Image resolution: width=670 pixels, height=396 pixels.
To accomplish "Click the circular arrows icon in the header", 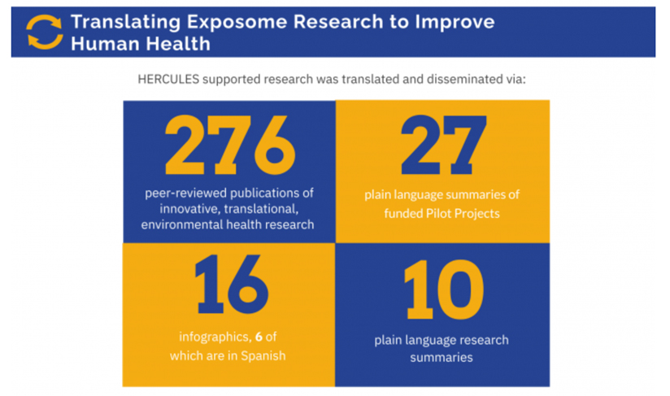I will pos(44,32).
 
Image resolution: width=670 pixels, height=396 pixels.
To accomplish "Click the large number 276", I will pos(230,147).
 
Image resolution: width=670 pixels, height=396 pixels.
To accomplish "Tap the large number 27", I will pos(443,147).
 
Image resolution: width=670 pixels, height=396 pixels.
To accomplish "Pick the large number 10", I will pos(443,292).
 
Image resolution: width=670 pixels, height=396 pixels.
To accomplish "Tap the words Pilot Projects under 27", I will pos(466,213).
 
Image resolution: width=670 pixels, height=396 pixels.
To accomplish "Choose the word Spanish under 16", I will pos(262,356).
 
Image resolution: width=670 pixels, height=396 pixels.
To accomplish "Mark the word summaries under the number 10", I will pos(443,356).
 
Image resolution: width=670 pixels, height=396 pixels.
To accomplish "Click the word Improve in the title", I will pos(455,22).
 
